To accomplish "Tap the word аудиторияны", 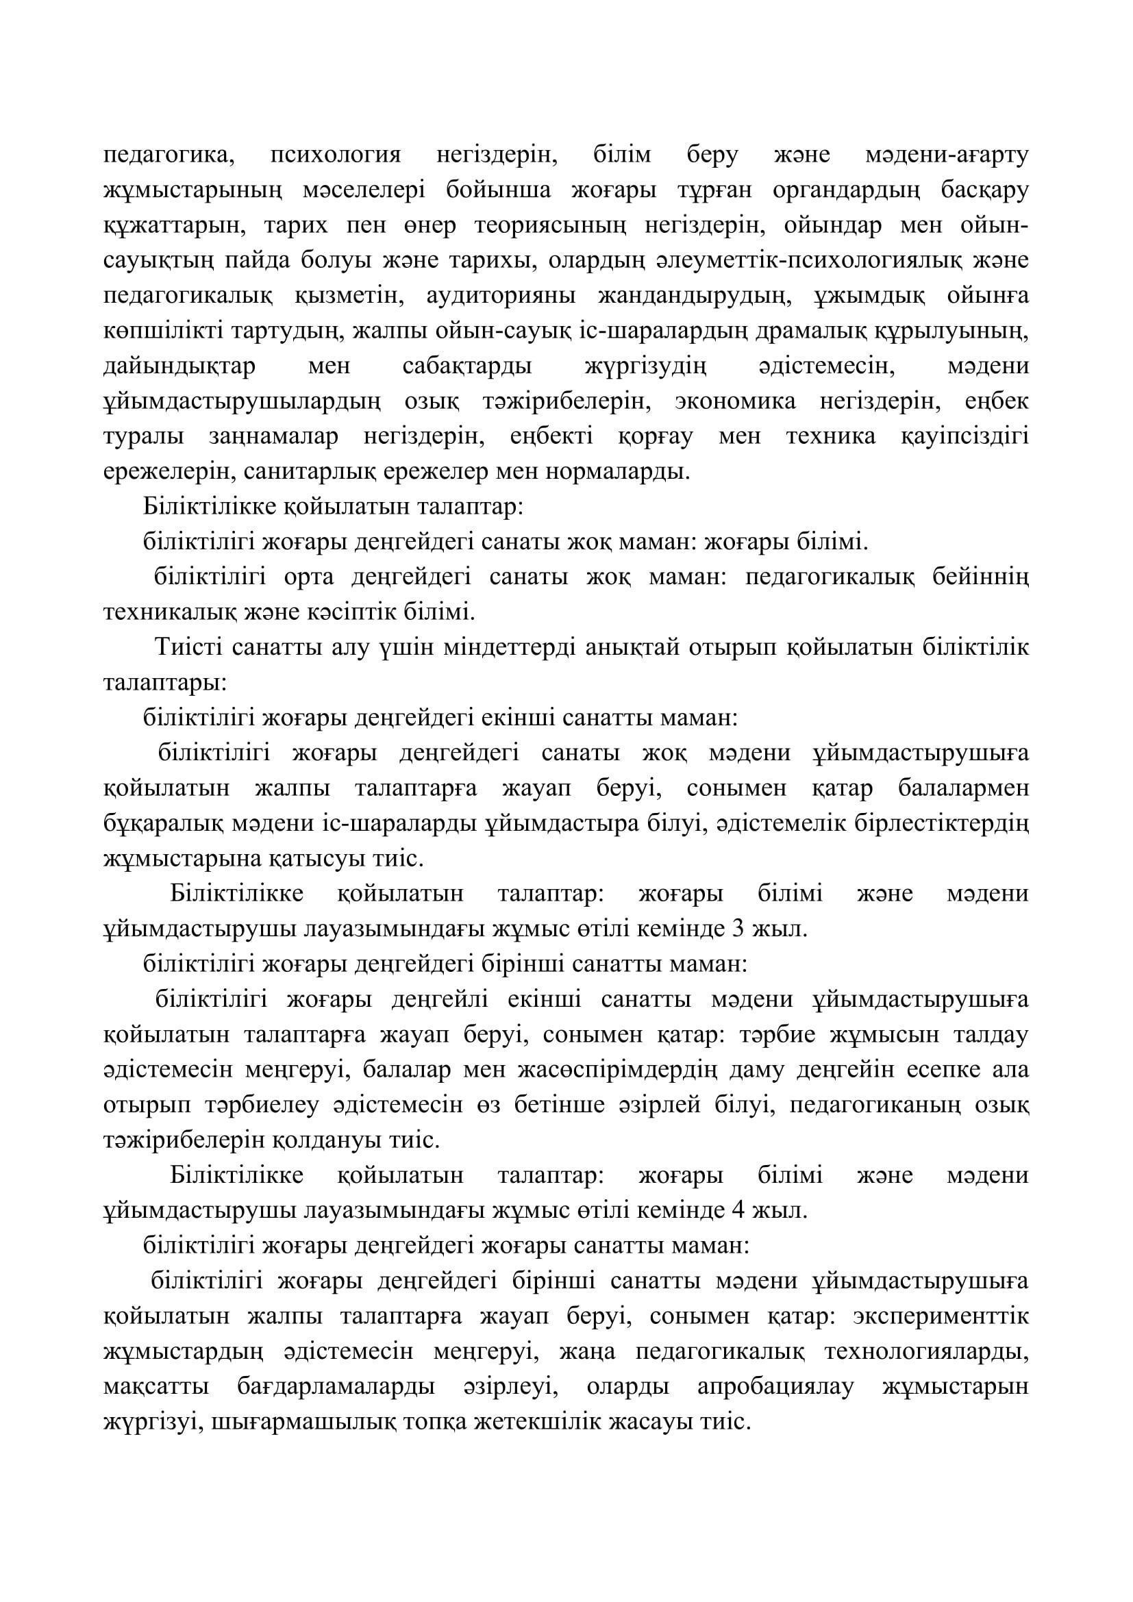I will point(501,296).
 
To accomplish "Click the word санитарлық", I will point(301,472).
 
